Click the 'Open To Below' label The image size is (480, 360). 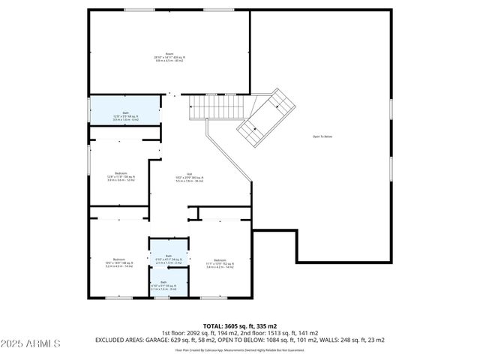[x=322, y=136]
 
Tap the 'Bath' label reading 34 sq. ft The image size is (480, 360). [x=169, y=257]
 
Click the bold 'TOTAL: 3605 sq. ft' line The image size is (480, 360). [x=240, y=327]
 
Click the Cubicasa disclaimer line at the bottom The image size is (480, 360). [x=239, y=349]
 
